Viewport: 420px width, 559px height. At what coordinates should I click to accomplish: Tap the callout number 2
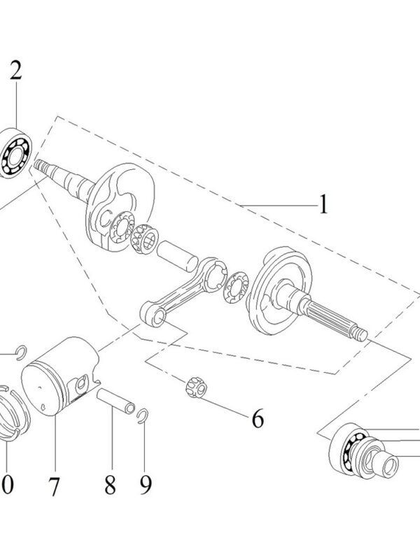tap(15, 70)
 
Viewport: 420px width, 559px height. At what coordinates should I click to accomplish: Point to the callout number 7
tap(55, 486)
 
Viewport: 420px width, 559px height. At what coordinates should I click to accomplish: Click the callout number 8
tap(111, 484)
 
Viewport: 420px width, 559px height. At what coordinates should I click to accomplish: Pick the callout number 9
tap(146, 484)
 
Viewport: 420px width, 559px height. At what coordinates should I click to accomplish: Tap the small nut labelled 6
tap(195, 386)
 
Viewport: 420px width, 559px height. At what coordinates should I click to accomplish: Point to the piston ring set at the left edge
tap(13, 416)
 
